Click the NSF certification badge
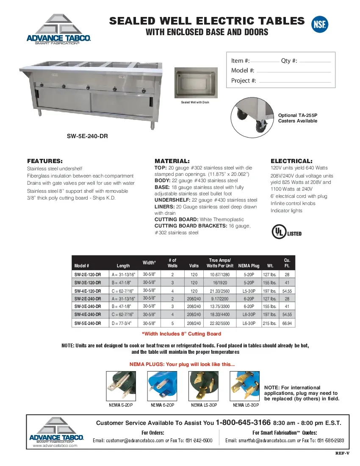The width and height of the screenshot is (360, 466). click(319, 24)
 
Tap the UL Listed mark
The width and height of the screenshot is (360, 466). click(286, 232)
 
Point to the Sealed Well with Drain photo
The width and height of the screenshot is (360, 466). click(195, 83)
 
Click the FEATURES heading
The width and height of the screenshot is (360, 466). click(45, 161)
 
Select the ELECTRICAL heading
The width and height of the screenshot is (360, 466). click(291, 161)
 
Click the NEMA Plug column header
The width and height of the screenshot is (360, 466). click(249, 266)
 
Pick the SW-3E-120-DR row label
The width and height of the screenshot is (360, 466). click(88, 283)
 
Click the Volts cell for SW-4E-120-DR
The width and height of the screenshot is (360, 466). click(194, 291)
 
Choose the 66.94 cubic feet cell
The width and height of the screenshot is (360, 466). click(287, 323)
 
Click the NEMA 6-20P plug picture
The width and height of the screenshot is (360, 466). click(162, 385)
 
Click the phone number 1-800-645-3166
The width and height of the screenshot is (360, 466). click(243, 423)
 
